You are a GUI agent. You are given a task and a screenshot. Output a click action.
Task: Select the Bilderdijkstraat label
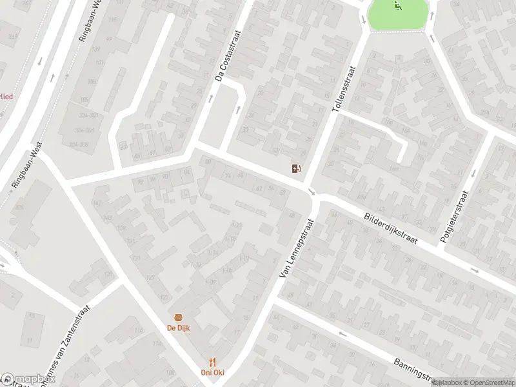390,230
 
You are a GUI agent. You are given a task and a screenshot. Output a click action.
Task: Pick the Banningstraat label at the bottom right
413,369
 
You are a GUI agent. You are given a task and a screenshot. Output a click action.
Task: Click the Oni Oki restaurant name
211,373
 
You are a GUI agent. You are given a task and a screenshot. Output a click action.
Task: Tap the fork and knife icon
211,362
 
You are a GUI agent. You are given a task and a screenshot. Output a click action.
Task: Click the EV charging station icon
296,169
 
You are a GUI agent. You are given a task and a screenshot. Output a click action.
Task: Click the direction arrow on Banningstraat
341,334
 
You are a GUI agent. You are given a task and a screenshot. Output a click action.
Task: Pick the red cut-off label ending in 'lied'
6,96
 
